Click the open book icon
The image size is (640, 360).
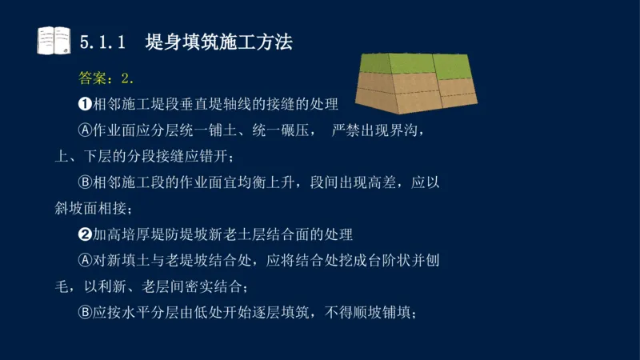(54, 40)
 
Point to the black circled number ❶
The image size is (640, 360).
(86, 104)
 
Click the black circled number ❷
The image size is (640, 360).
(86, 235)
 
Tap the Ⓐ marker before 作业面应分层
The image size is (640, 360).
(86, 130)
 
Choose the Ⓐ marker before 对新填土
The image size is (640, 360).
(86, 261)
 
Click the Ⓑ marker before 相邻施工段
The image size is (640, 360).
(86, 182)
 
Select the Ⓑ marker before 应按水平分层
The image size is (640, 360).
(86, 313)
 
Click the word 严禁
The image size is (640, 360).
(346, 130)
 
